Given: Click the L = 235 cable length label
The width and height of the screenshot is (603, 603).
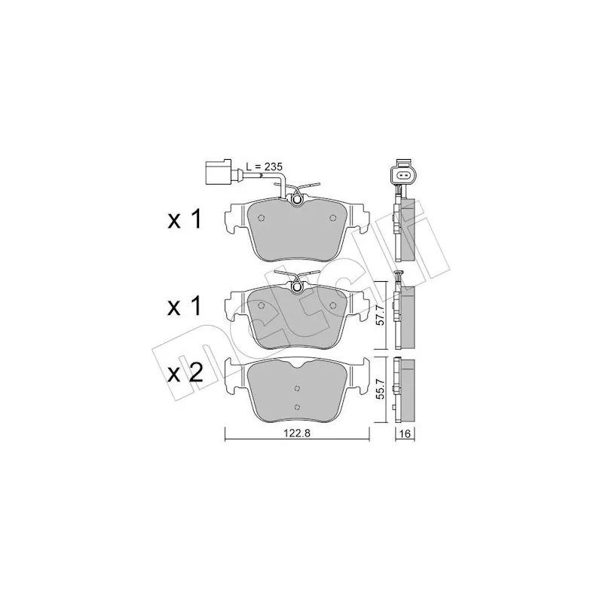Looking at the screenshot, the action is tap(265, 167).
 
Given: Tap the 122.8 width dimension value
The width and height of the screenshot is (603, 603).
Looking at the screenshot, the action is tap(297, 433).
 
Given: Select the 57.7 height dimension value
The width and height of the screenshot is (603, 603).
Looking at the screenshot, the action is tap(380, 316).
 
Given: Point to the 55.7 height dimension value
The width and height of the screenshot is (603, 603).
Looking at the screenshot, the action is tap(380, 390).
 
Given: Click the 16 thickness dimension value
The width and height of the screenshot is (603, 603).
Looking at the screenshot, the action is tap(406, 434).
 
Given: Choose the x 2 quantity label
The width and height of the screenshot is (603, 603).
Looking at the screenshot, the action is tap(185, 373).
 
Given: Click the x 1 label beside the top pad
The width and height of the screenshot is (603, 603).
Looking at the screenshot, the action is tap(185, 220).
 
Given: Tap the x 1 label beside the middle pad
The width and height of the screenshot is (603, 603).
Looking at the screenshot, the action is tap(185, 307).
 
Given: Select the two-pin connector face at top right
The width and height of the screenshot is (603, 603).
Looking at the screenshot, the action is tap(403, 176).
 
